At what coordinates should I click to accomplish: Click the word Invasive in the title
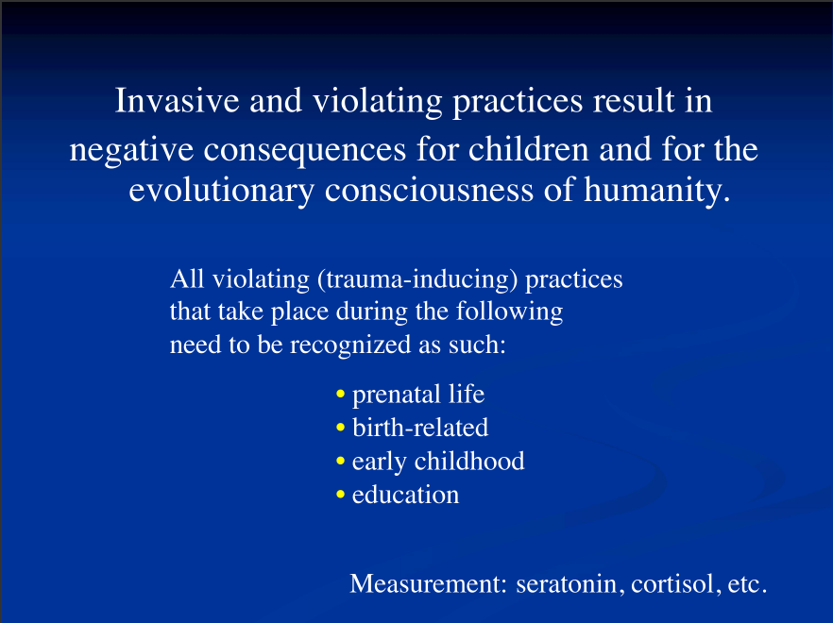click(177, 100)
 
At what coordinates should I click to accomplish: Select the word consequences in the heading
click(305, 150)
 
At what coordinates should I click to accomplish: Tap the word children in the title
click(529, 149)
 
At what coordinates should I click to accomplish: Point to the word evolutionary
click(222, 190)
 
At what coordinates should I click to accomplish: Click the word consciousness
click(429, 190)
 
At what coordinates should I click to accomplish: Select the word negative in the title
click(132, 150)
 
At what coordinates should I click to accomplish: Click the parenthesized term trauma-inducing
click(417, 279)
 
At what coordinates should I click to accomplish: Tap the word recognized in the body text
click(350, 345)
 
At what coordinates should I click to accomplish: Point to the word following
click(509, 311)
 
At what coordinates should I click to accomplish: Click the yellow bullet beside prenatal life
click(341, 394)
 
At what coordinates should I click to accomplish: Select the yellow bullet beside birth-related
click(341, 428)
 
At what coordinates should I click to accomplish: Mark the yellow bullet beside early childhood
click(341, 461)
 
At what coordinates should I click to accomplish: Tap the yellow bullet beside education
click(341, 495)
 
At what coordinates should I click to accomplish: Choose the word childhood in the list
click(469, 461)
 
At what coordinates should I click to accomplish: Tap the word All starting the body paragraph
click(187, 279)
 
